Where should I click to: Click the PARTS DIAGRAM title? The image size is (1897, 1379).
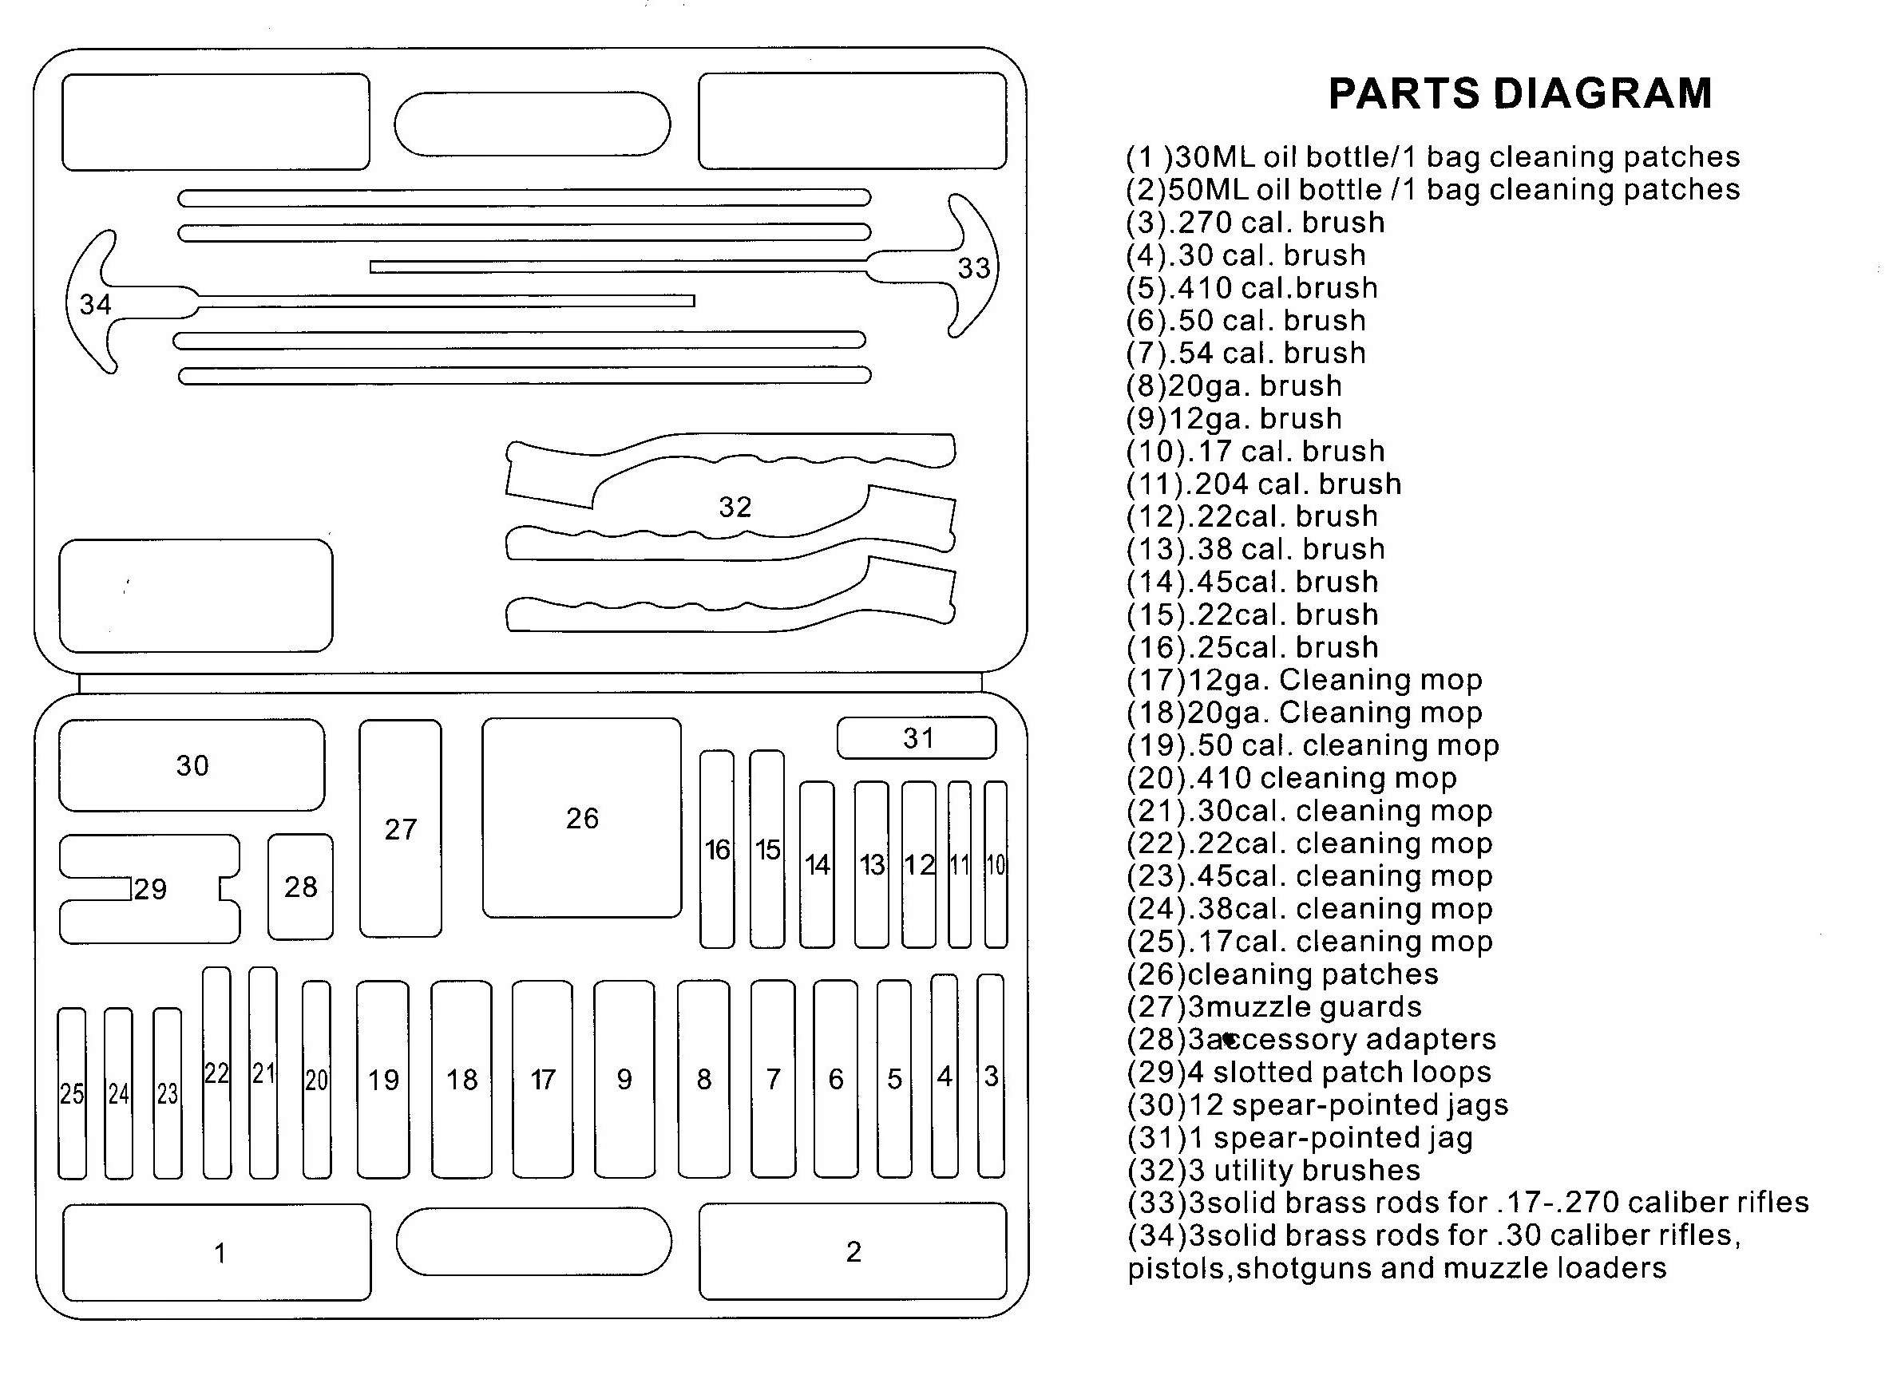tap(1520, 93)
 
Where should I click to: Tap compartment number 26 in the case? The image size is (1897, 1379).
tap(581, 818)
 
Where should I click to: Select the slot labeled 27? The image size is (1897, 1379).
tap(401, 828)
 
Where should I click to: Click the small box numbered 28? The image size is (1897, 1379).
tap(300, 887)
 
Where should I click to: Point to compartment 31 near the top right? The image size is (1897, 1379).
tap(917, 737)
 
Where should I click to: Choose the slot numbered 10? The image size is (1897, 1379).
tap(996, 863)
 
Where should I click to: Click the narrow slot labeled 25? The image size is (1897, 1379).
tap(72, 1093)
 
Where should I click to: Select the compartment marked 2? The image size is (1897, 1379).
tap(853, 1251)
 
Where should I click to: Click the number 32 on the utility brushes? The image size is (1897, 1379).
tap(735, 506)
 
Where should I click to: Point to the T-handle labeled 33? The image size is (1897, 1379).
tap(972, 267)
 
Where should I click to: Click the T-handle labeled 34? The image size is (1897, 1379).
tap(95, 303)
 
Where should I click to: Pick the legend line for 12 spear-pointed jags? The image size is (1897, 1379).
tap(1317, 1104)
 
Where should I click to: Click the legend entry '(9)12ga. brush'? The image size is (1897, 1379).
tap(1234, 418)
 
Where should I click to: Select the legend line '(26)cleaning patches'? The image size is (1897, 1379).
tap(1282, 974)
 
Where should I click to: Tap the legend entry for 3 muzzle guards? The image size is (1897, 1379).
tap(1274, 1007)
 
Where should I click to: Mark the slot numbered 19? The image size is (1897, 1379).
tap(383, 1080)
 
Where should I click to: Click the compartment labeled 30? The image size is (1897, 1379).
tap(192, 765)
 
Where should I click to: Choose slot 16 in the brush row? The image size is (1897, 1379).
tap(717, 850)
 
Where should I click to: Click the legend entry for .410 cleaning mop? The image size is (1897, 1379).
tap(1292, 778)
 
